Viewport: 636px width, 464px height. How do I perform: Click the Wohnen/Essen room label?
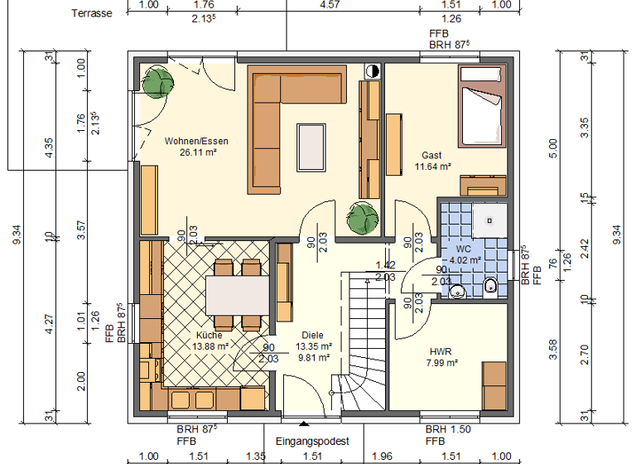196,141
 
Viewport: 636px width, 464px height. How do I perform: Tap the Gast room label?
431,155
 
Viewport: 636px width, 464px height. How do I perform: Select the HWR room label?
441,350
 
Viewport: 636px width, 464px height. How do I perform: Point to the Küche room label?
209,335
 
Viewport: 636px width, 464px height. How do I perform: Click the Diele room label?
312,335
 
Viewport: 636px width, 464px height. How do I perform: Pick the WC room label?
464,249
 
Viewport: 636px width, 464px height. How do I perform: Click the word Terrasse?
91,13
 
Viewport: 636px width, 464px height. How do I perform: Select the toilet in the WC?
489,287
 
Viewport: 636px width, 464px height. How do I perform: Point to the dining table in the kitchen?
237,294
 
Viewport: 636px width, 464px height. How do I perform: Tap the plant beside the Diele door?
363,217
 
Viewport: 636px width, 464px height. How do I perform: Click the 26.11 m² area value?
196,152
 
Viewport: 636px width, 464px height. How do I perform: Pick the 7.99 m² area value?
441,362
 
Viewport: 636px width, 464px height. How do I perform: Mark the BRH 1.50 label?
447,431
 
